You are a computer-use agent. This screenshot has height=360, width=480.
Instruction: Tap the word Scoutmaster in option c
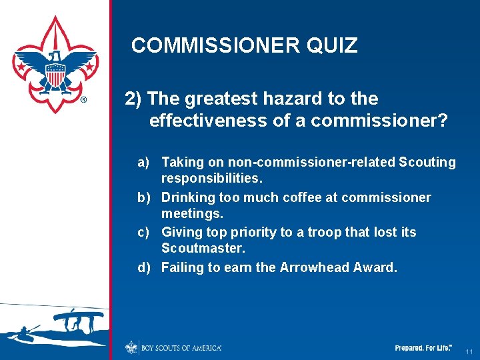click(x=203, y=248)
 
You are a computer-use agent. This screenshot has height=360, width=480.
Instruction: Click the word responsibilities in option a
click(x=212, y=179)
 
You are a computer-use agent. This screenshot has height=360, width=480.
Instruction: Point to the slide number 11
click(x=469, y=351)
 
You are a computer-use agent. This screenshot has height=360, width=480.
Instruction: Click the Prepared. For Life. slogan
click(x=423, y=348)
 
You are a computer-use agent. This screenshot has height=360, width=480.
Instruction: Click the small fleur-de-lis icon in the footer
click(x=131, y=347)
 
